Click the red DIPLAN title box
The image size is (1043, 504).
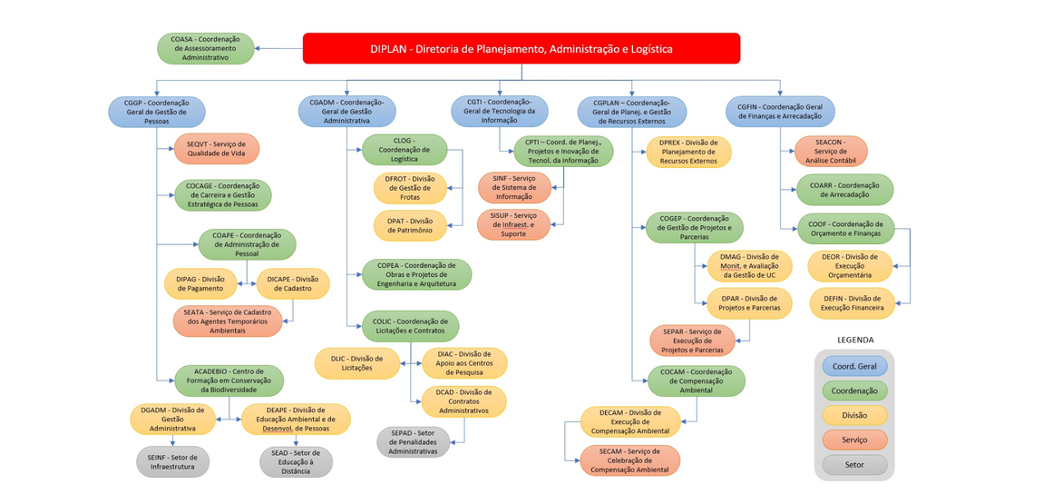(521, 49)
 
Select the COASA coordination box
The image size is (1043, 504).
(205, 49)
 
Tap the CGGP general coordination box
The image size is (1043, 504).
(157, 112)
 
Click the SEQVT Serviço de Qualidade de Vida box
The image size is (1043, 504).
(216, 149)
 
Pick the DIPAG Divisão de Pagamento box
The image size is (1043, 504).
(200, 283)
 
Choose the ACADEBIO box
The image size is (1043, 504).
(229, 380)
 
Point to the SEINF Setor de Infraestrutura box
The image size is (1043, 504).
(172, 461)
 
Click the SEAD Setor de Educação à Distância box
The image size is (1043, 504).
(296, 461)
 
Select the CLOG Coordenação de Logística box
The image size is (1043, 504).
(405, 150)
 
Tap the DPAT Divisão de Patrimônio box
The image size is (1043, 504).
(409, 225)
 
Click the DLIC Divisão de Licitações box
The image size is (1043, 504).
(356, 363)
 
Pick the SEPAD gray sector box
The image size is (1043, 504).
(413, 442)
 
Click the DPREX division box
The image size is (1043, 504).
(688, 152)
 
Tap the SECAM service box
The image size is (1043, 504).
(630, 460)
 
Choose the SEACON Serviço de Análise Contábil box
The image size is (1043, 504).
(830, 151)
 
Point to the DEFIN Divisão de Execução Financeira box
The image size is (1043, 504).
(852, 303)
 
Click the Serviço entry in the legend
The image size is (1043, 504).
(853, 440)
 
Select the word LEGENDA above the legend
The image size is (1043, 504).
(854, 341)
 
